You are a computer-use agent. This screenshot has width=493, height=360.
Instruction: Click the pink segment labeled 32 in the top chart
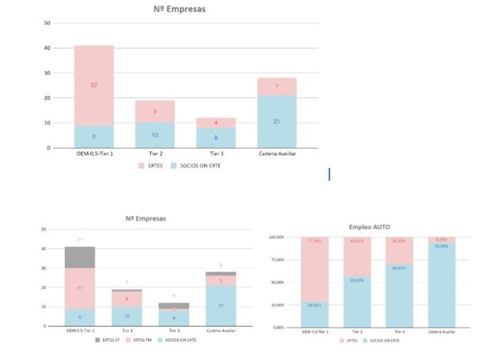93,85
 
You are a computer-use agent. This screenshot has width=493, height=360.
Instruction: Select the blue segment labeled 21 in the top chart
277,122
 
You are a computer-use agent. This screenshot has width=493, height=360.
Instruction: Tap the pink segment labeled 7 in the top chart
277,86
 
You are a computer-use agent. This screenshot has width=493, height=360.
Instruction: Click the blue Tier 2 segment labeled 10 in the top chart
155,135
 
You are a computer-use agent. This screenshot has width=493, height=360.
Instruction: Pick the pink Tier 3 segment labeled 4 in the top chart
216,123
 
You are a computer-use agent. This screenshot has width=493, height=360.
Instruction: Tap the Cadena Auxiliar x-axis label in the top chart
277,153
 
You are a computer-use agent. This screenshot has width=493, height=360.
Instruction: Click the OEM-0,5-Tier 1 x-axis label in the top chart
93,153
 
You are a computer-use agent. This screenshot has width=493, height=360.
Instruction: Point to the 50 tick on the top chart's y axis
48,23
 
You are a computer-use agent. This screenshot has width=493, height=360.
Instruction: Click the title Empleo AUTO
370,227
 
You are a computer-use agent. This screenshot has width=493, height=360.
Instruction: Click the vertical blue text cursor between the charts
330,175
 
